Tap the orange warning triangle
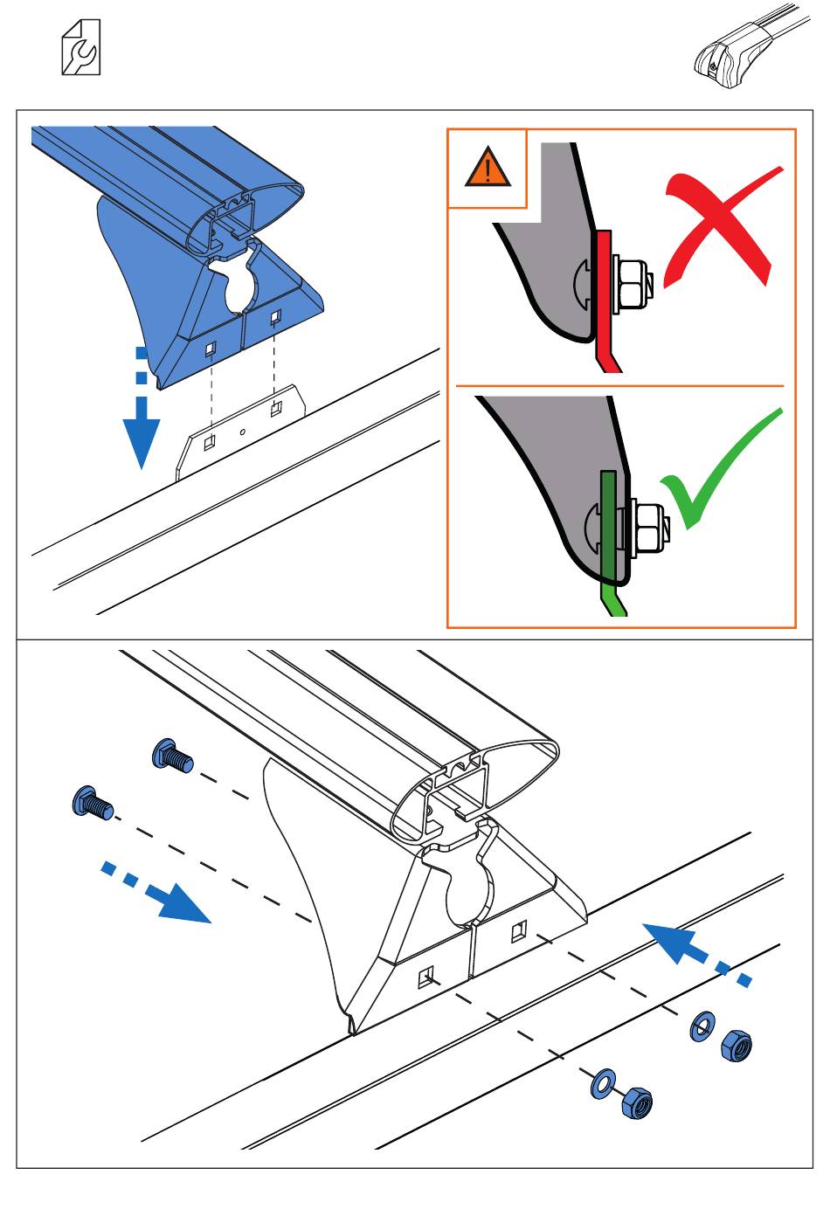(x=488, y=167)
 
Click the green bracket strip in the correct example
(x=609, y=533)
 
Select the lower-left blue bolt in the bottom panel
(x=92, y=803)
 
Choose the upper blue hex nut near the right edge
(x=737, y=1043)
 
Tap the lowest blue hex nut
(x=637, y=1103)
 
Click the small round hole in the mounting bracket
(x=243, y=431)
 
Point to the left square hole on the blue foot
(x=211, y=349)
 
